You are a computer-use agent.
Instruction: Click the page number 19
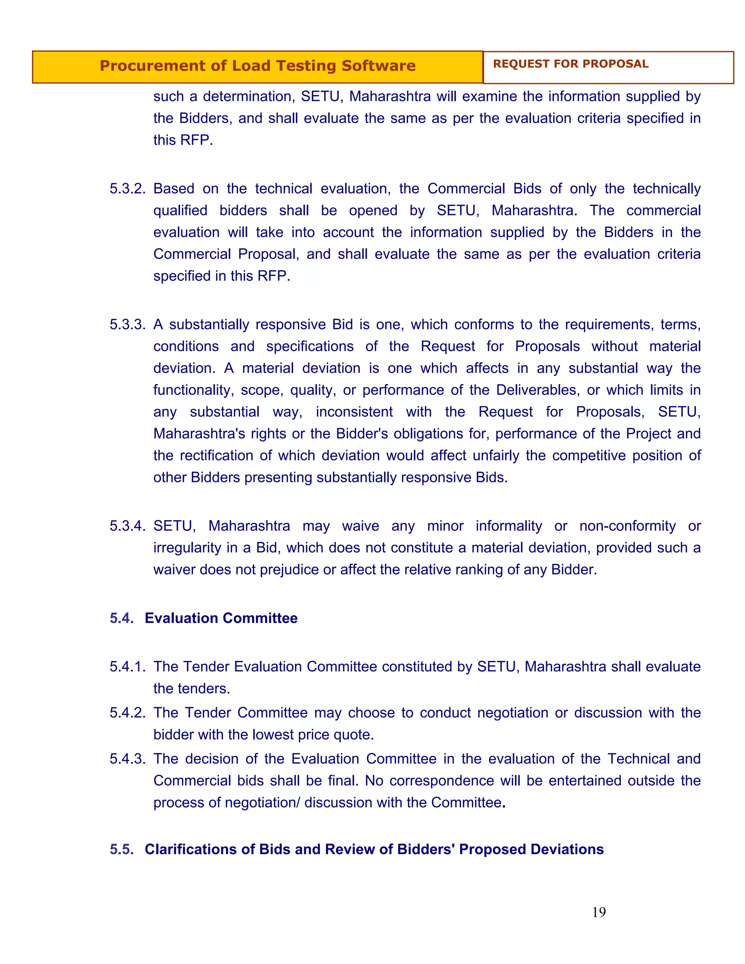tap(598, 912)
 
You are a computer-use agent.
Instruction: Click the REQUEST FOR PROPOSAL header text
tap(570, 64)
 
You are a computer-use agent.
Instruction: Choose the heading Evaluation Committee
tap(221, 618)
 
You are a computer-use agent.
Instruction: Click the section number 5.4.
tap(121, 618)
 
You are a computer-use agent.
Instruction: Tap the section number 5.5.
tap(121, 849)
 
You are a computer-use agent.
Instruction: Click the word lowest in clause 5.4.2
tap(273, 734)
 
